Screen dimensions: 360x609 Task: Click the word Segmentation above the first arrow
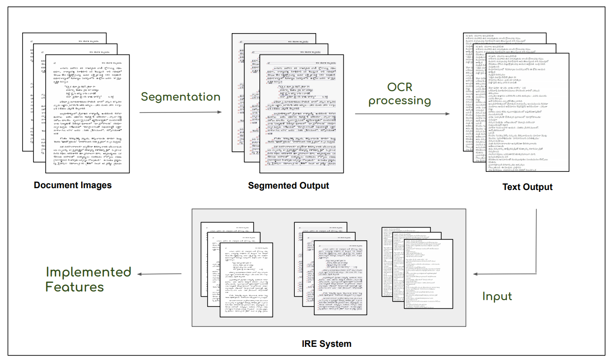[180, 97]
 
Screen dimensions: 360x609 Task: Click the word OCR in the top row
[399, 86]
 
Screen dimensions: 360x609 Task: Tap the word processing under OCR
[399, 101]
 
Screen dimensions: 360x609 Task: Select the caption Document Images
[73, 185]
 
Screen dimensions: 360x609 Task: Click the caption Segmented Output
[288, 186]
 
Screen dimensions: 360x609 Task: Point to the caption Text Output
[527, 187]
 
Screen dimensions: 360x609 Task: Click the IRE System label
[326, 343]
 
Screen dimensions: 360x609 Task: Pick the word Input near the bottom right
[497, 297]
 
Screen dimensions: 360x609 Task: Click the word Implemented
[88, 272]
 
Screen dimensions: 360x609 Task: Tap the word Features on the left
[74, 287]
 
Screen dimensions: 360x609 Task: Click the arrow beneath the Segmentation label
[180, 112]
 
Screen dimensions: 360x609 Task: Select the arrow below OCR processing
[402, 113]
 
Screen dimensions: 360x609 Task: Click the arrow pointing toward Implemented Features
[160, 274]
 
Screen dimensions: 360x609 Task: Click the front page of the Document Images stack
[87, 113]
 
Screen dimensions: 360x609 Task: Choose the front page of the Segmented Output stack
[301, 113]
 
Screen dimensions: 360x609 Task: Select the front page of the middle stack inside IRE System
[341, 277]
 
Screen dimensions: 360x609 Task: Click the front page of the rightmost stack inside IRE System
[429, 274]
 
